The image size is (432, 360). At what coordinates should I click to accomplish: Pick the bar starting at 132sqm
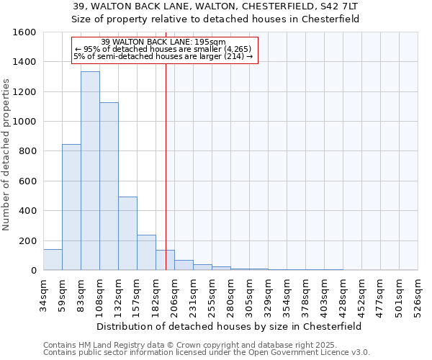tap(127, 233)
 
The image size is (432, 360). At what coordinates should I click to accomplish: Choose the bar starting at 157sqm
tap(146, 252)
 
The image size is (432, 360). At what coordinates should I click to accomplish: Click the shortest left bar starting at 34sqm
tap(53, 260)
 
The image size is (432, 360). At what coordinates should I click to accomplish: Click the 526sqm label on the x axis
tap(418, 296)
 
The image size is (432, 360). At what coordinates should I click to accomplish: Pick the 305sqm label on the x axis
tap(250, 296)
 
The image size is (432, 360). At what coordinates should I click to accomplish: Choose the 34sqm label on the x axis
tap(44, 294)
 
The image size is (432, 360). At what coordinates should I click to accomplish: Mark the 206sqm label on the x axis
tap(175, 296)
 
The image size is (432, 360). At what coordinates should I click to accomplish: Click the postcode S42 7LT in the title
tap(339, 6)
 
